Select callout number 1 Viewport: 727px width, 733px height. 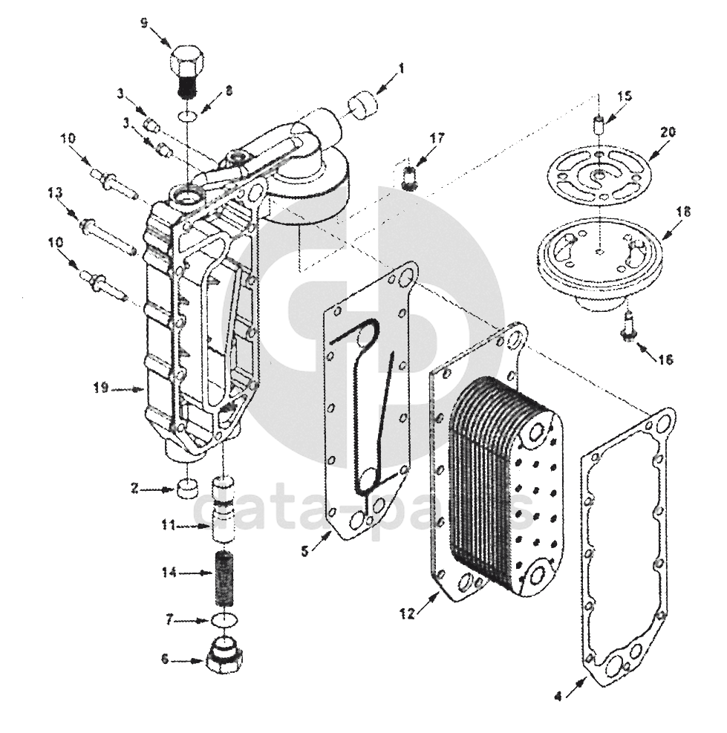(401, 68)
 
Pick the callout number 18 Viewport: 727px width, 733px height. (684, 212)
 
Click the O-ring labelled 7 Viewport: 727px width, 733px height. (225, 619)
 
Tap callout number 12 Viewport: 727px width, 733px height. (405, 613)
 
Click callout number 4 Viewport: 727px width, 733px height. (558, 697)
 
